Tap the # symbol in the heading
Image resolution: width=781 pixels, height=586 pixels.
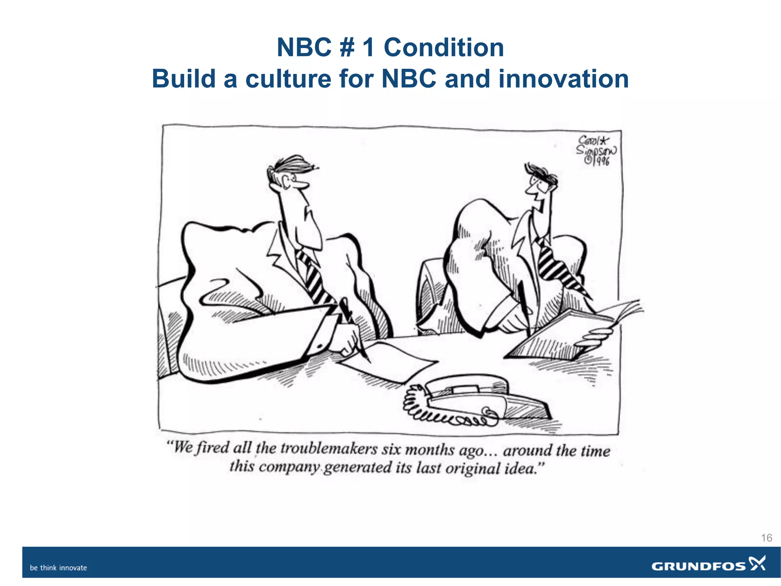tap(346, 48)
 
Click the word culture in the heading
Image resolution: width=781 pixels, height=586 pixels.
tap(288, 79)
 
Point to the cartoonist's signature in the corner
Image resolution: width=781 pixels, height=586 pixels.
tap(596, 150)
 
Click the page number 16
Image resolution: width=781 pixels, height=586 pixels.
tap(766, 538)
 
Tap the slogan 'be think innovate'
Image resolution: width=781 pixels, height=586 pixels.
tap(58, 568)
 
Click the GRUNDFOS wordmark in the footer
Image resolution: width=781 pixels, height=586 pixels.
tap(698, 566)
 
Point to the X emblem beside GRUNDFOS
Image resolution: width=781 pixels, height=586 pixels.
tap(757, 563)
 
